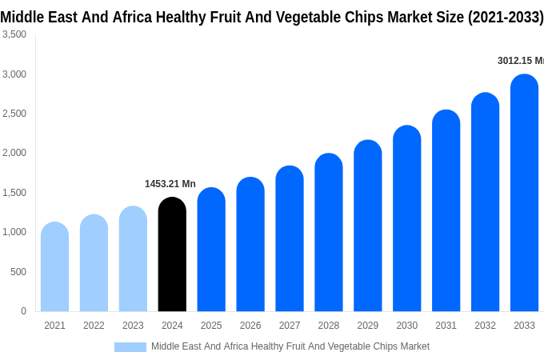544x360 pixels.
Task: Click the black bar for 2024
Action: coord(172,254)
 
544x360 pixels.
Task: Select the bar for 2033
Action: coord(524,193)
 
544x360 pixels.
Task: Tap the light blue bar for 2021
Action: coord(54,266)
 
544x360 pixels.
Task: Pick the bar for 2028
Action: coord(329,232)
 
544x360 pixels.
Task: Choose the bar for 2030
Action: coord(406,218)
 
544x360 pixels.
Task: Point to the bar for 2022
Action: coord(94,262)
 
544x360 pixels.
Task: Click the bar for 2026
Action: coord(250,244)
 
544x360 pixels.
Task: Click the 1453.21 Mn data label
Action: coord(170,184)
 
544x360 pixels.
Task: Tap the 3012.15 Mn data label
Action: coord(520,61)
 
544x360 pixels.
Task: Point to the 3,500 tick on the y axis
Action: coord(14,34)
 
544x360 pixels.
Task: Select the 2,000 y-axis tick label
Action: coord(14,153)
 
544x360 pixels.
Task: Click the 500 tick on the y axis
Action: coord(18,272)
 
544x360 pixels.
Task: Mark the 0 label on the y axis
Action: coord(23,311)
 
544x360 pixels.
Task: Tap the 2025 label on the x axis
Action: coord(211,326)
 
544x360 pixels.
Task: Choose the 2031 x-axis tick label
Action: coord(446,326)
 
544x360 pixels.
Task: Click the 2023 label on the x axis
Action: coord(133,326)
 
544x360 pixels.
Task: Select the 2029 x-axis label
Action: coord(367,326)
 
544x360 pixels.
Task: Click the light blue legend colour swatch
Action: coord(130,347)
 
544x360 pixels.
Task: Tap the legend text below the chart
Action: coord(290,346)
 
